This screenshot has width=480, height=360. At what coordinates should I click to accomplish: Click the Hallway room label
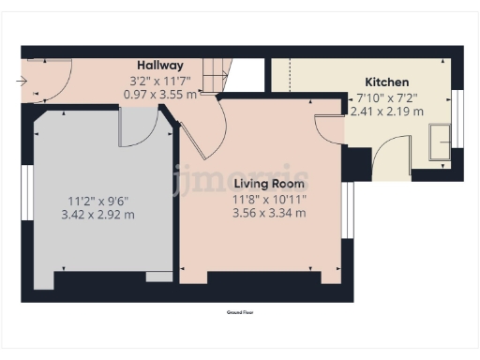pos(159,65)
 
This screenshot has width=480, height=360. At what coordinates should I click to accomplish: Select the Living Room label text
pos(270,184)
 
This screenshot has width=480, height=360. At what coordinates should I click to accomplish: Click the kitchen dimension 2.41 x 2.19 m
pos(385,111)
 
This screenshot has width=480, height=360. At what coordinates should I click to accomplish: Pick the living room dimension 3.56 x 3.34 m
pos(270,213)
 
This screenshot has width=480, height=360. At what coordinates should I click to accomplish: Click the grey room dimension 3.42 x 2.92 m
pos(102,215)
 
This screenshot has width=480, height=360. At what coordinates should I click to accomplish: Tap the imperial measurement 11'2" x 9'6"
pos(102,201)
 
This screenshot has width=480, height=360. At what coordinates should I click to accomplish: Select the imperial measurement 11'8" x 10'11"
pos(270,199)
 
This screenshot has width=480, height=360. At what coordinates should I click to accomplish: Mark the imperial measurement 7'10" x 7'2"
pos(385,97)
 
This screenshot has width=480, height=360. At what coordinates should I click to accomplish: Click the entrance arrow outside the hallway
pos(21,82)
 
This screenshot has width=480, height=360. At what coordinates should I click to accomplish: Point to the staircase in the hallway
pos(217,76)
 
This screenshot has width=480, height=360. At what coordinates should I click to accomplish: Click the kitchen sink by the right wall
pos(439,143)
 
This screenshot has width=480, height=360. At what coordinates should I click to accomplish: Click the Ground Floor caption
pos(240,311)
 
